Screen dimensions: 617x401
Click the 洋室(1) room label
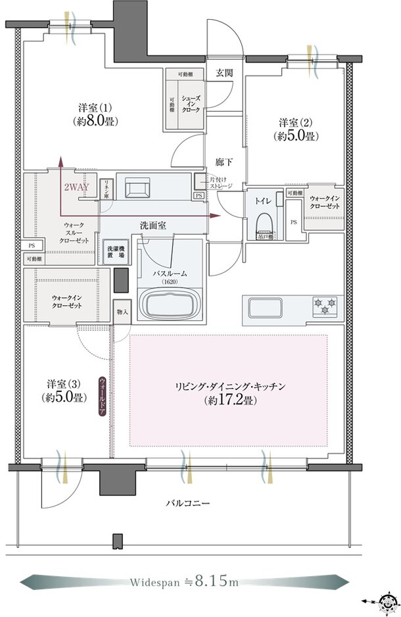(x=90, y=114)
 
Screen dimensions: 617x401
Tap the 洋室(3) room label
(x=64, y=390)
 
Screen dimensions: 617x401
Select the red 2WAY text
(x=78, y=187)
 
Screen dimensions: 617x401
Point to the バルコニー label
(x=187, y=504)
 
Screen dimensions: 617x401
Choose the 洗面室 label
(x=153, y=226)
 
